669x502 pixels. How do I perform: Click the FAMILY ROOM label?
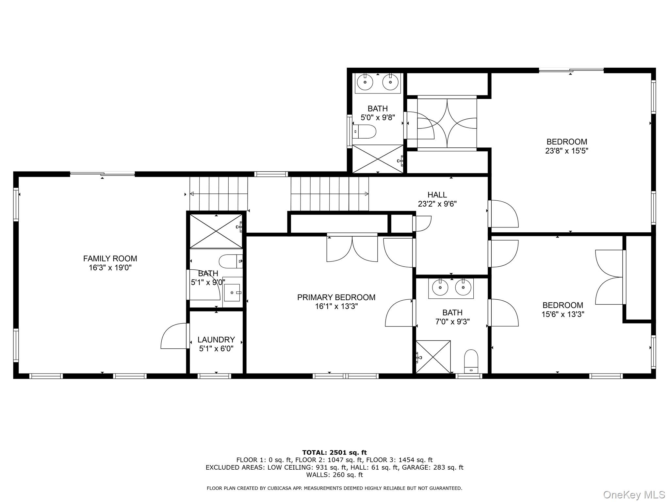click(110, 259)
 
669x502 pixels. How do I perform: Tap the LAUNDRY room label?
click(216, 340)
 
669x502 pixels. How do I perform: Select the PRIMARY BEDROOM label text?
click(336, 297)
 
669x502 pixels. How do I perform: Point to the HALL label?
click(437, 195)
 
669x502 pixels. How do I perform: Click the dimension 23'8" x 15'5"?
click(566, 151)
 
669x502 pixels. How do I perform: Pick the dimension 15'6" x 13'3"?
click(563, 314)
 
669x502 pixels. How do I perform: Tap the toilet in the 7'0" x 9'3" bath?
click(471, 361)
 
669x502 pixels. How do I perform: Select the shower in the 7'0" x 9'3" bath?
click(433, 357)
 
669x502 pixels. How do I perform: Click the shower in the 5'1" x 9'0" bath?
click(216, 231)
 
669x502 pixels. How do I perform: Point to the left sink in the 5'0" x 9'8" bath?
click(365, 82)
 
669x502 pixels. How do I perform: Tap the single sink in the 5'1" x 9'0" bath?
click(232, 293)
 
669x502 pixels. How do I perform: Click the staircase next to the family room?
click(219, 194)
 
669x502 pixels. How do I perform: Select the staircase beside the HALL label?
click(330, 194)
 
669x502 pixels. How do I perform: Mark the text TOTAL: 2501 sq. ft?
click(334, 452)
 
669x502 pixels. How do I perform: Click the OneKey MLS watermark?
click(634, 494)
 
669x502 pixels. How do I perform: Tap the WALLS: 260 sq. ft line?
click(334, 475)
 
